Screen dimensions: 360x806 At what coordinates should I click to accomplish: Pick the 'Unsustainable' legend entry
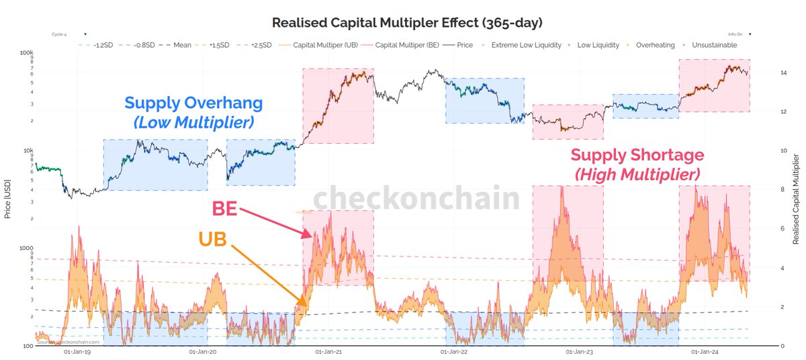pos(715,45)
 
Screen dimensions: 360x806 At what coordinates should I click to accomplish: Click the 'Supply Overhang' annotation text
pos(193,103)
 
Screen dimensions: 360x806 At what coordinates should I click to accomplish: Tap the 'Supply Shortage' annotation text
pos(637,155)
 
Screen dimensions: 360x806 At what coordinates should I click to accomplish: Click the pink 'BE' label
pos(224,208)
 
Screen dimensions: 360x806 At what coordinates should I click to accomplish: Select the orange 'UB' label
pos(214,240)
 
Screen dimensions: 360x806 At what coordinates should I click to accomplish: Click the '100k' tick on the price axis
pos(26,52)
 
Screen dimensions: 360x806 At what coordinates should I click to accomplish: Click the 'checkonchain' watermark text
pos(416,199)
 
